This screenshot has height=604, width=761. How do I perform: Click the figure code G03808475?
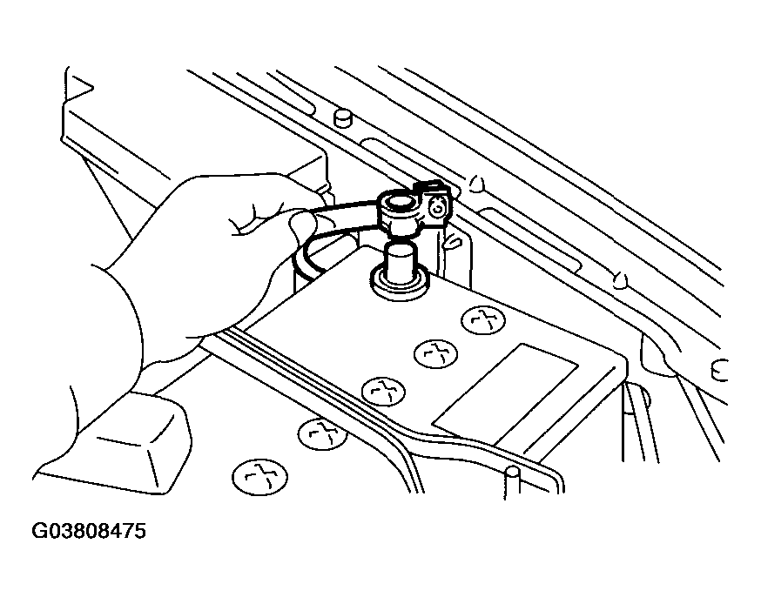(x=89, y=531)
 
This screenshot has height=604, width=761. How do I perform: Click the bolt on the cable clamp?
(x=438, y=209)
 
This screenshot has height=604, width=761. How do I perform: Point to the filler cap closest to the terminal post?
(x=483, y=320)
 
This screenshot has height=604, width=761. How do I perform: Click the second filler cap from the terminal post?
(x=436, y=353)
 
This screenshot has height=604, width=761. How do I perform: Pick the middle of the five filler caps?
(x=384, y=391)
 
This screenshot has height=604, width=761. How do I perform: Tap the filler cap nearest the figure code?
(x=260, y=478)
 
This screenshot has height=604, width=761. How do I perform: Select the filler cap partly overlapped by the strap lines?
(x=323, y=433)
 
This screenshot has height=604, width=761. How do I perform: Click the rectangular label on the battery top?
(x=505, y=394)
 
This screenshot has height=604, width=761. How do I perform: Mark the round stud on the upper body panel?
(x=343, y=117)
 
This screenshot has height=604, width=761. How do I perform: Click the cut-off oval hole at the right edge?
(x=720, y=371)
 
